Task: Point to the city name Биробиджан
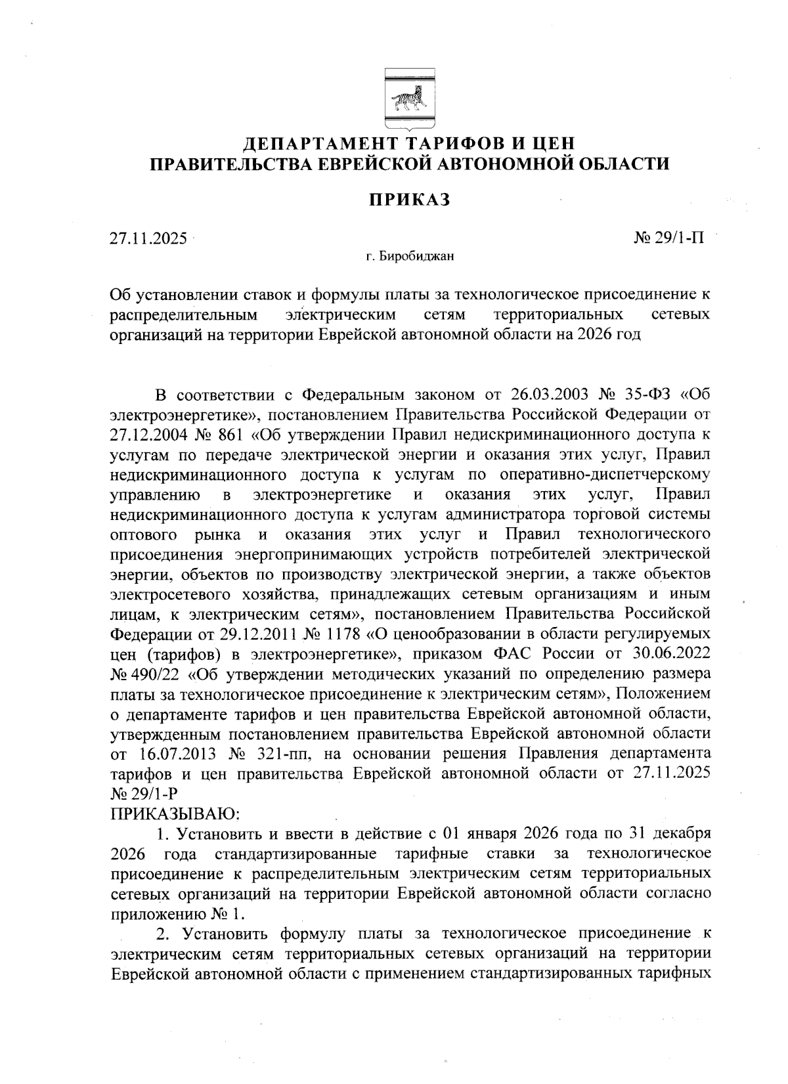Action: (x=416, y=257)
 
